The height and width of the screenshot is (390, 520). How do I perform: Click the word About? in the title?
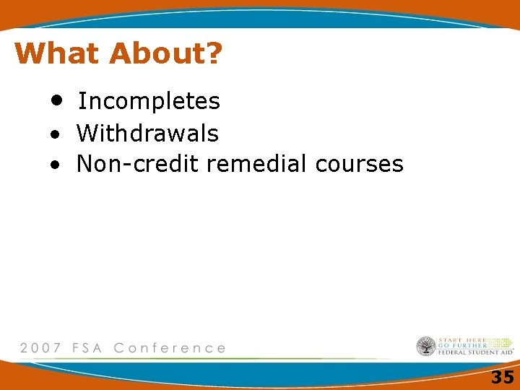[x=165, y=53]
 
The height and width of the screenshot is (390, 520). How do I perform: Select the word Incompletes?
[x=149, y=102]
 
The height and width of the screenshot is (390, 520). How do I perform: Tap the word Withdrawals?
[x=147, y=134]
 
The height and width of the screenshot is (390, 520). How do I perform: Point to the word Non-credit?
[x=138, y=165]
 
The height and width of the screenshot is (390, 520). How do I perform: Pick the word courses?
[x=359, y=165]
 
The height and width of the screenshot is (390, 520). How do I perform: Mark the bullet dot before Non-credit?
[x=54, y=165]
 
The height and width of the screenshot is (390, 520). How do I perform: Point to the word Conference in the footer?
[x=170, y=347]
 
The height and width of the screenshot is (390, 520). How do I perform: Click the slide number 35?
[x=502, y=377]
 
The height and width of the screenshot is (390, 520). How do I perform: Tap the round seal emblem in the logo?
[x=426, y=347]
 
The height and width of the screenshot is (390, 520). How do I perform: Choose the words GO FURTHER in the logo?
[x=461, y=346]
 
